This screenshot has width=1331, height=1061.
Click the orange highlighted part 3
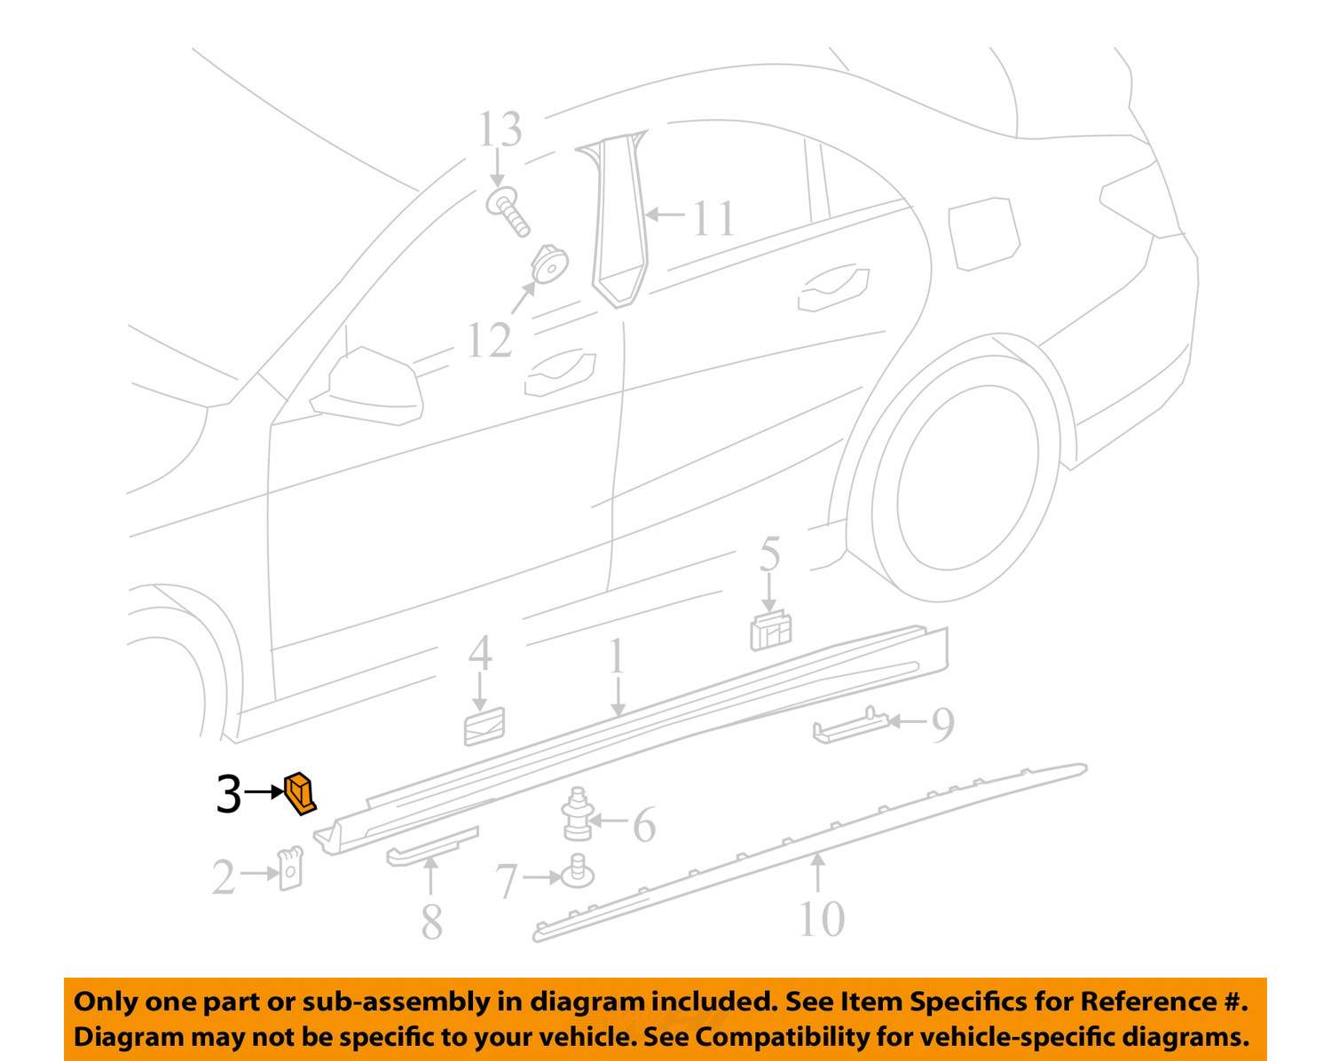300,792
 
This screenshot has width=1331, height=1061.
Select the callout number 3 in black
228,794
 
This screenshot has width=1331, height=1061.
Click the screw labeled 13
508,210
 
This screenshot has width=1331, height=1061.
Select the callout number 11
713,218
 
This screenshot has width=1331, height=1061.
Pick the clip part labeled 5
770,630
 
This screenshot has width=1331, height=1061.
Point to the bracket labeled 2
290,868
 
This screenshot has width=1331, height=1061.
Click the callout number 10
821,918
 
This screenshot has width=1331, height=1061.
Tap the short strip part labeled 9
850,727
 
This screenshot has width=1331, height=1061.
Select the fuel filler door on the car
983,232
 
